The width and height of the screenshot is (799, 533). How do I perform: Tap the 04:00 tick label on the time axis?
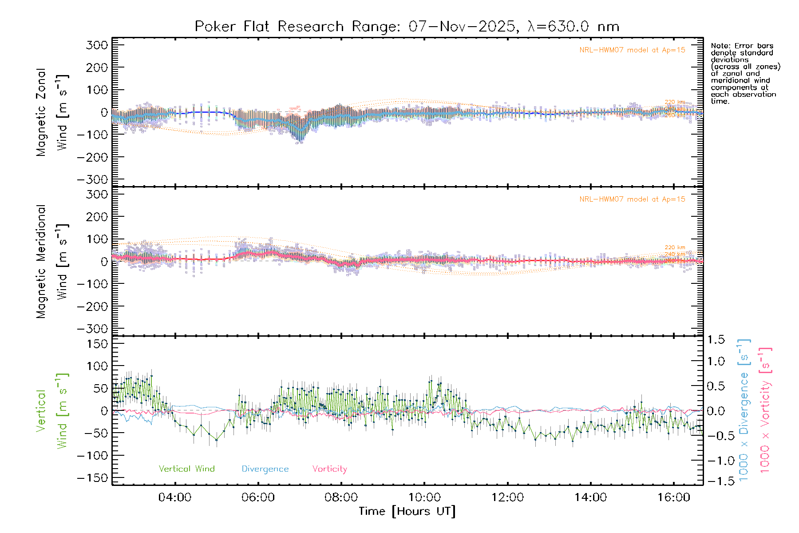pyautogui.click(x=175, y=497)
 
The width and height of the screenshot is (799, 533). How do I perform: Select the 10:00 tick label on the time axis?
pyautogui.click(x=424, y=497)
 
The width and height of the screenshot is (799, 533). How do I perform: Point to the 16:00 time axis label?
pyautogui.click(x=674, y=497)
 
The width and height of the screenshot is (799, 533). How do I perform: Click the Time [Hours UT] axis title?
pyautogui.click(x=407, y=511)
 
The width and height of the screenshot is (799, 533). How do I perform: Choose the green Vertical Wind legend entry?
pyautogui.click(x=186, y=469)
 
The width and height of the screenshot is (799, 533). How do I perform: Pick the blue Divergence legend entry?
pyautogui.click(x=265, y=469)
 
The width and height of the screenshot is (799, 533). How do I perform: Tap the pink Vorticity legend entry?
pyautogui.click(x=329, y=469)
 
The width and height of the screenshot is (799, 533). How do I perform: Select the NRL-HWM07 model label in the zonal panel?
pyautogui.click(x=632, y=50)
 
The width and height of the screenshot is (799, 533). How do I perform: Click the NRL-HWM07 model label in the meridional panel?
pyautogui.click(x=632, y=199)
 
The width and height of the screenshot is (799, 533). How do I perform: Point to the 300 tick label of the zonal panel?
pyautogui.click(x=97, y=45)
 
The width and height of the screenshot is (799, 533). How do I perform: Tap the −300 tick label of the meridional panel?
pyautogui.click(x=93, y=329)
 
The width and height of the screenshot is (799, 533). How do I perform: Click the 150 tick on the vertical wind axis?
pyautogui.click(x=97, y=344)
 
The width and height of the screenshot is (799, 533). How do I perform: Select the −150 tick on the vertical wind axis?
pyautogui.click(x=93, y=478)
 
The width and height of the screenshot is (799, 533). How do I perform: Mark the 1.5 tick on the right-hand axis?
pyautogui.click(x=716, y=340)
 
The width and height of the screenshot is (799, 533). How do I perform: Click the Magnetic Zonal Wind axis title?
pyautogui.click(x=52, y=112)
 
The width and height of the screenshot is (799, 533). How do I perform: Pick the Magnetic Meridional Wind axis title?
pyautogui.click(x=52, y=261)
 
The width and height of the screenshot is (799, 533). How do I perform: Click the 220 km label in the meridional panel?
pyautogui.click(x=675, y=247)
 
